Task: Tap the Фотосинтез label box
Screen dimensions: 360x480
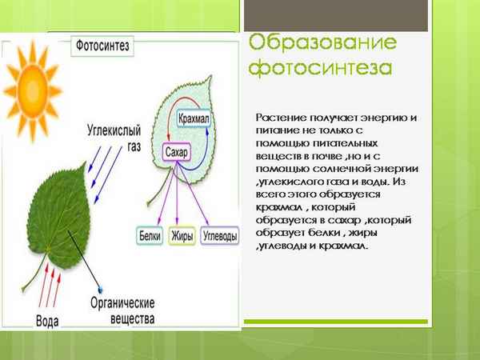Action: tap(103, 46)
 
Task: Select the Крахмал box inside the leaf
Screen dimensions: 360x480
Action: tap(197, 118)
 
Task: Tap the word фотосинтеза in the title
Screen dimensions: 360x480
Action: tap(320, 67)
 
